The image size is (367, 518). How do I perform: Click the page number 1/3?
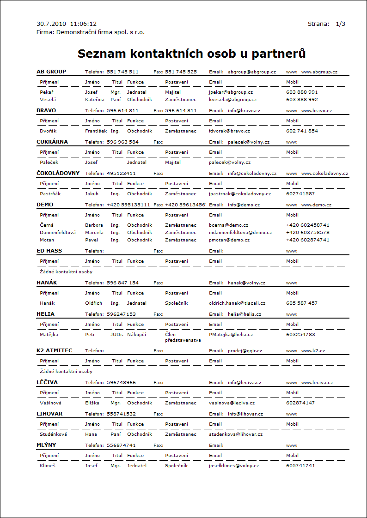pyautogui.click(x=341, y=24)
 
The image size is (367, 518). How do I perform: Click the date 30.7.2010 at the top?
pyautogui.click(x=51, y=24)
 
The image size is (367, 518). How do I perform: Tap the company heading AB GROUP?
pyautogui.click(x=51, y=72)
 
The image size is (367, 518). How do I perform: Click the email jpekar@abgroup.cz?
pyautogui.click(x=231, y=92)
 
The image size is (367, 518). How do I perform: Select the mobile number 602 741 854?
pyautogui.click(x=302, y=131)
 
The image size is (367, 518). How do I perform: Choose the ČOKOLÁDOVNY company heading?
pyautogui.click(x=58, y=173)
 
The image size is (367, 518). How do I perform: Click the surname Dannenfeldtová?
pyautogui.click(x=58, y=233)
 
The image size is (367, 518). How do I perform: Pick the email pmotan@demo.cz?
pyautogui.click(x=229, y=240)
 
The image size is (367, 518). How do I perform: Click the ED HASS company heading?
pyautogui.click(x=49, y=251)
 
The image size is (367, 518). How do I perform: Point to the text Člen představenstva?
pyautogui.click(x=183, y=337)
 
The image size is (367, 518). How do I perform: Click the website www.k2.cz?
pyautogui.click(x=313, y=351)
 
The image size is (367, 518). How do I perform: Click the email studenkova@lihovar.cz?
pyautogui.click(x=236, y=434)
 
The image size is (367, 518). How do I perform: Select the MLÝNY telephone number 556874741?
pyautogui.click(x=121, y=446)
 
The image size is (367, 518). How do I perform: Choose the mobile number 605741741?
pyautogui.click(x=300, y=466)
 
